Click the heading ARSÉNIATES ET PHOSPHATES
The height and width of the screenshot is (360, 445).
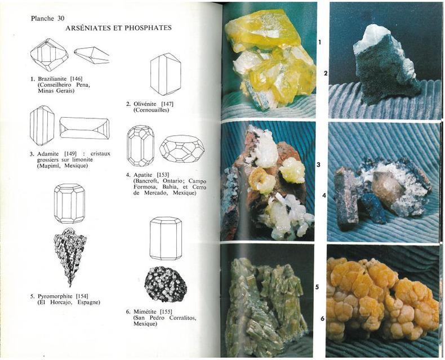(118, 28)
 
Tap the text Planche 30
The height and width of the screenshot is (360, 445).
(48, 19)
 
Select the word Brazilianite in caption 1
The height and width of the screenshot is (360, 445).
(52, 79)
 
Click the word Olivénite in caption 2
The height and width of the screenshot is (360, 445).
(145, 104)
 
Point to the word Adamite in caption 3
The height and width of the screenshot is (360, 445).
(48, 154)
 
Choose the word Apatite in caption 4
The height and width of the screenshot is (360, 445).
(143, 175)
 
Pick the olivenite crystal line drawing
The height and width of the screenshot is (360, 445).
(166, 74)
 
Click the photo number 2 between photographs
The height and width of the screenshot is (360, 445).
(326, 73)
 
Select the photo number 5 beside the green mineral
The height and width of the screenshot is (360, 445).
(317, 287)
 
